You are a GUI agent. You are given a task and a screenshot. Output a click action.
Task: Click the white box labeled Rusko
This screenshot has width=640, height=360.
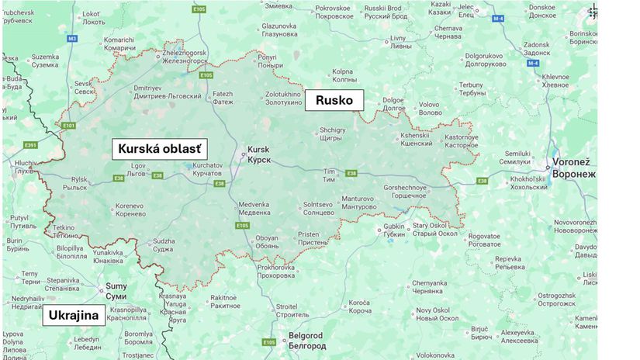pos(334,100)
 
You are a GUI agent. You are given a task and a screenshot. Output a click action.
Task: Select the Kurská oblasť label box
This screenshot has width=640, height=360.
pos(163,149)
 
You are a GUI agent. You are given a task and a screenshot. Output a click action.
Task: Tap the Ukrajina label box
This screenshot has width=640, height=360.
pos(74,316)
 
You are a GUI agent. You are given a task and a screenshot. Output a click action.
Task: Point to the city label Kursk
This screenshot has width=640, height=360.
pos(259,154)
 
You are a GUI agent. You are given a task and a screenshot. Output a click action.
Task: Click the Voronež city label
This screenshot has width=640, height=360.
pos(575,168)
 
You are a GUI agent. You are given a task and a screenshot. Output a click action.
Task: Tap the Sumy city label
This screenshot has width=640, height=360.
pos(116,291)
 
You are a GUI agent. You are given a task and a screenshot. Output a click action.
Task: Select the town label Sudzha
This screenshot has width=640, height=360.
pos(164,246)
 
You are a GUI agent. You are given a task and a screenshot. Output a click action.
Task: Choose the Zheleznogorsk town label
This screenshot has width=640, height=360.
pos(184,57)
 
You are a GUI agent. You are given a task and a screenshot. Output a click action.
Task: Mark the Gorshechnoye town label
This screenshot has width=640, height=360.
pos(405,192)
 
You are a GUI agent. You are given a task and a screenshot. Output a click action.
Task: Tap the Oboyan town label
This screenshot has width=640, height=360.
pos(267,241)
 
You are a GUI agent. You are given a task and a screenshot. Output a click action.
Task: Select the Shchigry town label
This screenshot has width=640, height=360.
pos(333,134)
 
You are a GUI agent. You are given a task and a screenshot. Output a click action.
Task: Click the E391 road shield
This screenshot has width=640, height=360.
pos(30,145)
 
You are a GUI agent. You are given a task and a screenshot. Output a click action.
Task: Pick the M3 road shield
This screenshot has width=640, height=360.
pos(72,38)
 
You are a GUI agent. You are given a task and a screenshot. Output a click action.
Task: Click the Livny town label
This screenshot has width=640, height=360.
pos(398,42)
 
